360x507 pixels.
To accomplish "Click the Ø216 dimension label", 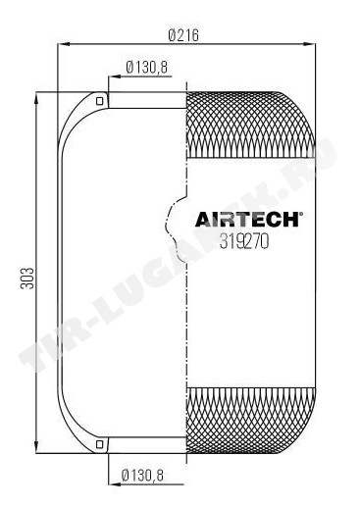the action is [183, 35].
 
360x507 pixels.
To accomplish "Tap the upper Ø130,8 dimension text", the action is [146, 68].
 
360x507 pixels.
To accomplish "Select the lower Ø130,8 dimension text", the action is [142, 475].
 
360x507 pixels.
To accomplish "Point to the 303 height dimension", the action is [27, 279].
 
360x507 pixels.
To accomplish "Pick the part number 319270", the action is [244, 242].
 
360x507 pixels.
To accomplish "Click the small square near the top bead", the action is [100, 101].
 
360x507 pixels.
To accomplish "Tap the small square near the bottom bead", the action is [100, 444].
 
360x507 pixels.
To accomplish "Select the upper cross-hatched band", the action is [250, 126].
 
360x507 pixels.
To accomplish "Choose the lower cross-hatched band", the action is [250, 421].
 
